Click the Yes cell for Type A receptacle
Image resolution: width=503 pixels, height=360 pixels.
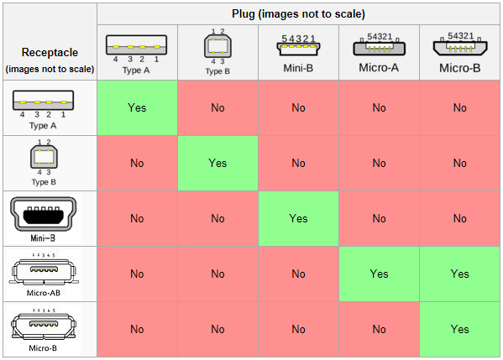pos(137,107)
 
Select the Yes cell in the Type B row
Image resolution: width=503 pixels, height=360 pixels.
pos(217,163)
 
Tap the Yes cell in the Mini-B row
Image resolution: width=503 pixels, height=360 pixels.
pos(298,219)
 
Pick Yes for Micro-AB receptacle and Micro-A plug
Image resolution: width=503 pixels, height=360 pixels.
pos(380,274)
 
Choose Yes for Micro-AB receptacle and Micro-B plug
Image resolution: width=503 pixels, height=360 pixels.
pos(459,274)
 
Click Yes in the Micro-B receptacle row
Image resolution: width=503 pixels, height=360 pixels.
pos(459,329)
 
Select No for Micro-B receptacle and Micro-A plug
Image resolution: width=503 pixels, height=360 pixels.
pos(380,329)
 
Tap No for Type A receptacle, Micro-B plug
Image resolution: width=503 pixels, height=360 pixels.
pos(459,107)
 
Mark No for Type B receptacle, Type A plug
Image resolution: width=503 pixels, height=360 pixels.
pos(137,163)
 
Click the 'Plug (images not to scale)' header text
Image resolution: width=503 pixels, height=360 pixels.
pos(298,14)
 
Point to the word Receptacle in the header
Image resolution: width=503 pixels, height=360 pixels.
pos(50,52)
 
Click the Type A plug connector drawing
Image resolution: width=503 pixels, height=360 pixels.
pos(136,44)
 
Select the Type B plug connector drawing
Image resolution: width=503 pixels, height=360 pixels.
pos(217,46)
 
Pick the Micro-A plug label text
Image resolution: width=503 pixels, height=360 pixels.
pos(379,68)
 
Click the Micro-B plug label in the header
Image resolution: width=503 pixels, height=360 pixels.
pos(459,68)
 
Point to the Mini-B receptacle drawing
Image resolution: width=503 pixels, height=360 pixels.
pos(44,214)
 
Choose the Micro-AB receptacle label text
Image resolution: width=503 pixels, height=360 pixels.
pos(44,293)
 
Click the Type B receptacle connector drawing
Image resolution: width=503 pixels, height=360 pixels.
pos(44,157)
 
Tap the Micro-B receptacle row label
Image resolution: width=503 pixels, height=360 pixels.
pos(43,348)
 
